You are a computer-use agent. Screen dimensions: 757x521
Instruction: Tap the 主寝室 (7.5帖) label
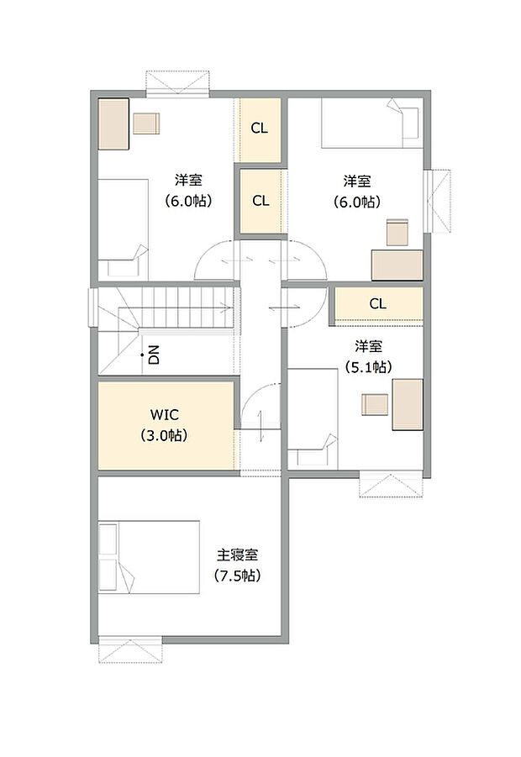tap(238, 565)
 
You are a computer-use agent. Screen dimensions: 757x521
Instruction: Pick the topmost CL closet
tap(260, 129)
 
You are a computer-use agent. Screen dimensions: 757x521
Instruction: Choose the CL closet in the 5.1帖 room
tap(377, 304)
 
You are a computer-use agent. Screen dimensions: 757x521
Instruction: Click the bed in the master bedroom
tap(149, 557)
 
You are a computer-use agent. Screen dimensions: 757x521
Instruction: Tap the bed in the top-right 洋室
tap(370, 122)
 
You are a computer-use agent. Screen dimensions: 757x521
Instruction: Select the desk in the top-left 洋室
tap(113, 124)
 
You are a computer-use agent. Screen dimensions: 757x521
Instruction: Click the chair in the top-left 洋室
tap(146, 123)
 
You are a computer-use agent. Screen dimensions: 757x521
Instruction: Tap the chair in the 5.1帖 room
tap(374, 405)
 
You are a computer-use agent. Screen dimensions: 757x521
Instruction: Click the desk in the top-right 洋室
tap(397, 264)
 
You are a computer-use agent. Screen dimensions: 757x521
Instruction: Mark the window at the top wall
tap(176, 84)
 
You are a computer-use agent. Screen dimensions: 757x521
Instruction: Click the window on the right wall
tap(440, 200)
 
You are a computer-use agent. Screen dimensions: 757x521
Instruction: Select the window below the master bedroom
tap(130, 649)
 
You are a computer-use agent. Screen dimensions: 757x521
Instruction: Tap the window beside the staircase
tap(93, 306)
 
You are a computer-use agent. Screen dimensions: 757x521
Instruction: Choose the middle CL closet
tap(260, 202)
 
